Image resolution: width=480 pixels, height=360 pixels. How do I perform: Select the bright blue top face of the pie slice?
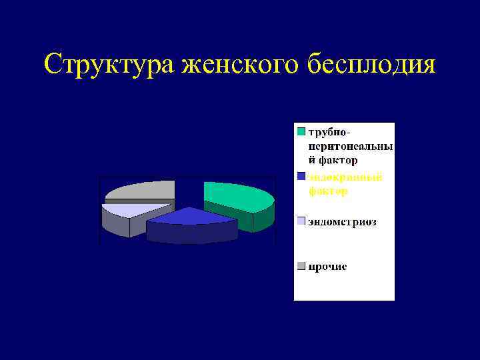click(190, 216)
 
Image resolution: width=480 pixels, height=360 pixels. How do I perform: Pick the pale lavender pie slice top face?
click(127, 209)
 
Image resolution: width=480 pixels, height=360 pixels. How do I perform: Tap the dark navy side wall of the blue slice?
click(190, 233)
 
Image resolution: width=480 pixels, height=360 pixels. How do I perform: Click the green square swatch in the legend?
click(301, 131)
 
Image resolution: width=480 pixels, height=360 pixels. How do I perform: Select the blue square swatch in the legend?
click(301, 177)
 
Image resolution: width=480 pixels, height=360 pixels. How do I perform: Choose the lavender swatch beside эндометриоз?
click(301, 221)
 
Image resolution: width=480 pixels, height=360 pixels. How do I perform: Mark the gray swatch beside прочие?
click(301, 267)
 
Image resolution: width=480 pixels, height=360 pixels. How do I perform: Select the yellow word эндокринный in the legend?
click(345, 177)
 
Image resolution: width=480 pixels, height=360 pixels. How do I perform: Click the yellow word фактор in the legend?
click(327, 191)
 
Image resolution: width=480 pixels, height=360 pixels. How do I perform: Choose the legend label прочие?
click(327, 267)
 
